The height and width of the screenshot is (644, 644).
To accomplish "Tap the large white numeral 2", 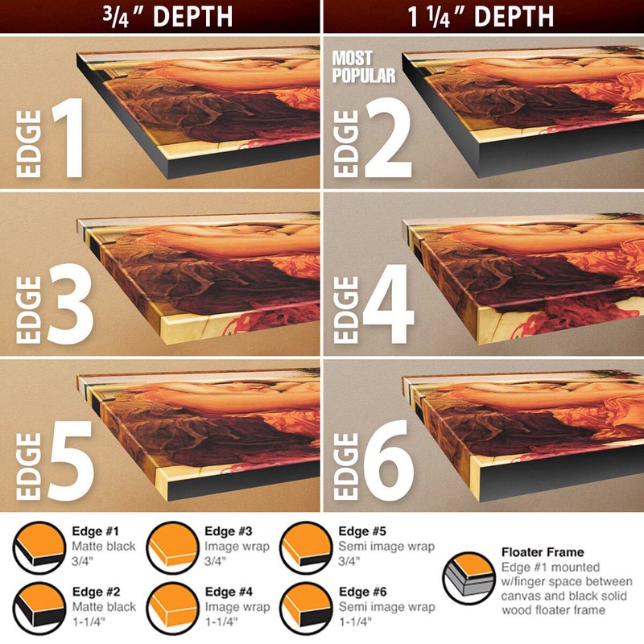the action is (x=388, y=138).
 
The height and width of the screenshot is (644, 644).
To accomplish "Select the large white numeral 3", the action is (x=71, y=304).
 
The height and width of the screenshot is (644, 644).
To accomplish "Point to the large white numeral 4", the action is (x=389, y=304).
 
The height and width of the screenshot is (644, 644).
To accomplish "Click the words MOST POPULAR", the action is (x=364, y=67).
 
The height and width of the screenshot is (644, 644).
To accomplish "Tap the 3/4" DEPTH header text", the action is (x=167, y=17).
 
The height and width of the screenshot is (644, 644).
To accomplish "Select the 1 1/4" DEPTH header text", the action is (x=481, y=17).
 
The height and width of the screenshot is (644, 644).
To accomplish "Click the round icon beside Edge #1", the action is (x=39, y=548).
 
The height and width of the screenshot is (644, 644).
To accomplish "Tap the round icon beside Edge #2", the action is (x=39, y=609).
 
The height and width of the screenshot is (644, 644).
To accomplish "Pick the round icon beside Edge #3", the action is (x=173, y=548).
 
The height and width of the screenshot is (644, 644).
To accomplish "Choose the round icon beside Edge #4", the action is (x=173, y=609).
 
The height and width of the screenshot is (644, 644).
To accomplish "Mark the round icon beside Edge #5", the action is (x=307, y=548).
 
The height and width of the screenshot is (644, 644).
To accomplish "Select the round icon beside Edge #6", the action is (x=307, y=609).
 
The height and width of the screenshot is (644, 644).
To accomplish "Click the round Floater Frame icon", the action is (x=469, y=578).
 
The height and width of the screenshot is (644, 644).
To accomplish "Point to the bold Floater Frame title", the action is (x=543, y=552).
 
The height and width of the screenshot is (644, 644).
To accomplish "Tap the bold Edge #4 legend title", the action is (x=229, y=592).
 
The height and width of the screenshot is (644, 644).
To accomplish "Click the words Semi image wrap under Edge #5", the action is (x=386, y=547).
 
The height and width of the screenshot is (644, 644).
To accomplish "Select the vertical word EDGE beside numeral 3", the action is (x=29, y=310).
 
